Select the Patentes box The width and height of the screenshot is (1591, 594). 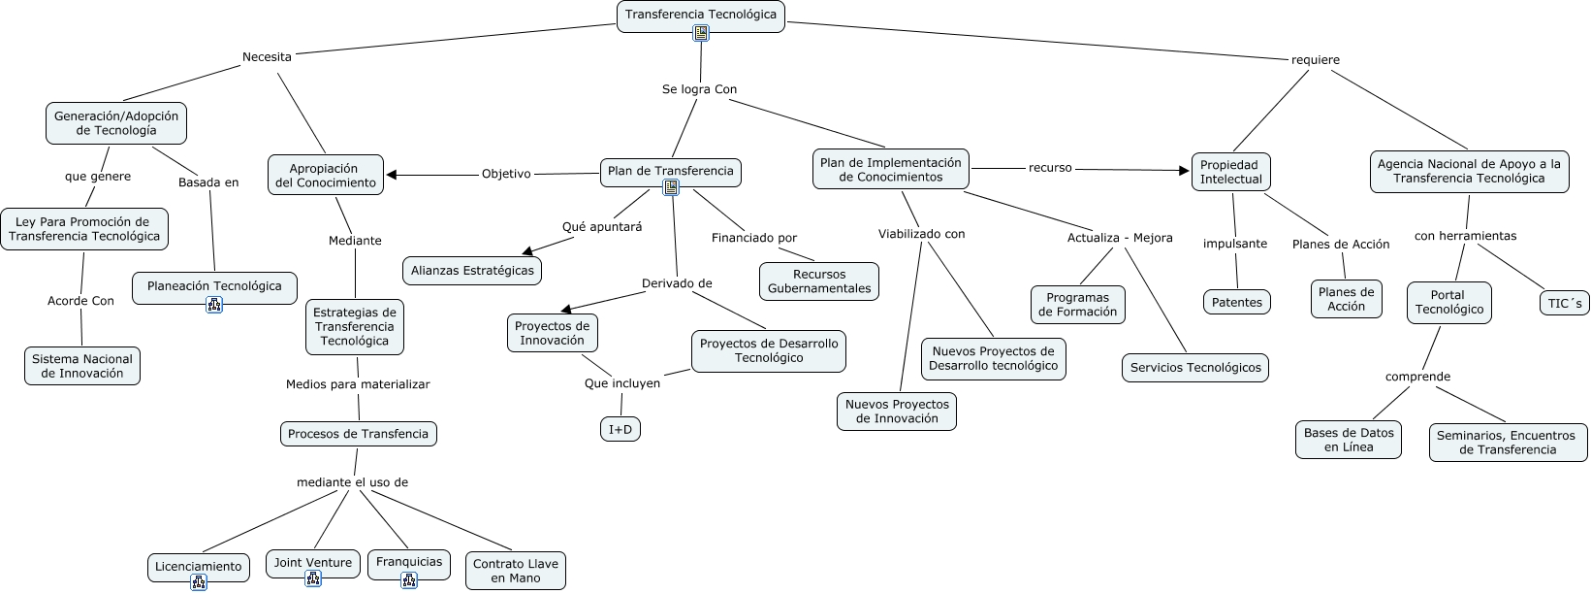(x=1237, y=302)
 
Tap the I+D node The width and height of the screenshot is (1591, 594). (x=620, y=429)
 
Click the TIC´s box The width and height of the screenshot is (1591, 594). (x=1564, y=304)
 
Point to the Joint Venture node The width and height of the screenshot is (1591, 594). (x=313, y=563)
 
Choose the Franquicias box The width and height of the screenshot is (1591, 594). (x=409, y=562)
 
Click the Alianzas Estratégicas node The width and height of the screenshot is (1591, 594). (x=472, y=270)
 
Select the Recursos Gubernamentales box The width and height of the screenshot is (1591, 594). (x=819, y=281)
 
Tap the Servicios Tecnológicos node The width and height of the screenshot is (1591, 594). (x=1195, y=368)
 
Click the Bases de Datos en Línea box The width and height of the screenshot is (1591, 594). (x=1349, y=440)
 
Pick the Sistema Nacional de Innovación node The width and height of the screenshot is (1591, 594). (x=82, y=366)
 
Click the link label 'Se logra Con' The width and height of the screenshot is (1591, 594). (x=699, y=89)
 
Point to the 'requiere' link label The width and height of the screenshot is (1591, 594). (x=1315, y=60)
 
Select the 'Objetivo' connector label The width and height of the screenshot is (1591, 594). (x=506, y=174)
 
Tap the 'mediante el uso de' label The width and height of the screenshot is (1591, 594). (x=352, y=482)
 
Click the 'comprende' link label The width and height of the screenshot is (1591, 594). (x=1417, y=377)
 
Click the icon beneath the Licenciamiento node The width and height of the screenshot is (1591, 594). (x=199, y=582)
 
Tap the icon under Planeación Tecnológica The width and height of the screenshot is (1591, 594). (x=214, y=305)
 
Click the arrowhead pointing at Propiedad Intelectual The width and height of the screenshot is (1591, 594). (x=1184, y=171)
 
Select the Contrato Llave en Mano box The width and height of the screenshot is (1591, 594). (x=516, y=571)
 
